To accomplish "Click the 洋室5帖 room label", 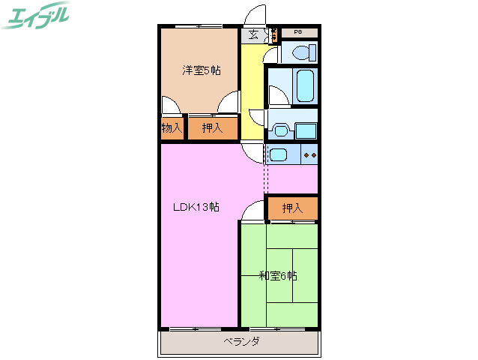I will coord(201,71).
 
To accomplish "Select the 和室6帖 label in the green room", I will coord(278,276).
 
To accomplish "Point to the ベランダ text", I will coord(241,342).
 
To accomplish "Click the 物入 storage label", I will coord(172,128).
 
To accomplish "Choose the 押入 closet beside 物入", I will coord(212,128).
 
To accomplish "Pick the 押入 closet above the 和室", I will coord(292,208).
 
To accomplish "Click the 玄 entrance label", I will coord(253,34).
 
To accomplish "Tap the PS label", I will coord(297,32).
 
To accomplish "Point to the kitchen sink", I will coord(277,155).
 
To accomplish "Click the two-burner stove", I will coord(309,155).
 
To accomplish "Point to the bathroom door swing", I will coord(275,95).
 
